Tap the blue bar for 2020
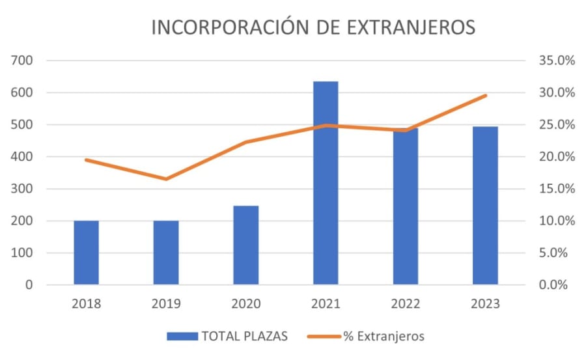click(x=246, y=245)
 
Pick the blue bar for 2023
click(x=485, y=206)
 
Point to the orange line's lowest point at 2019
click(x=166, y=179)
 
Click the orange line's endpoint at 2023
click(x=485, y=96)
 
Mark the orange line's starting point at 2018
click(x=86, y=159)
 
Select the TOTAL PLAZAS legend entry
click(x=228, y=336)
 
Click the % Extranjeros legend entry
click(x=373, y=336)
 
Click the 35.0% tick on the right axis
click(x=557, y=61)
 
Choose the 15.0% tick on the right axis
click(x=557, y=189)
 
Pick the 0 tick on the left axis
click(x=29, y=285)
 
